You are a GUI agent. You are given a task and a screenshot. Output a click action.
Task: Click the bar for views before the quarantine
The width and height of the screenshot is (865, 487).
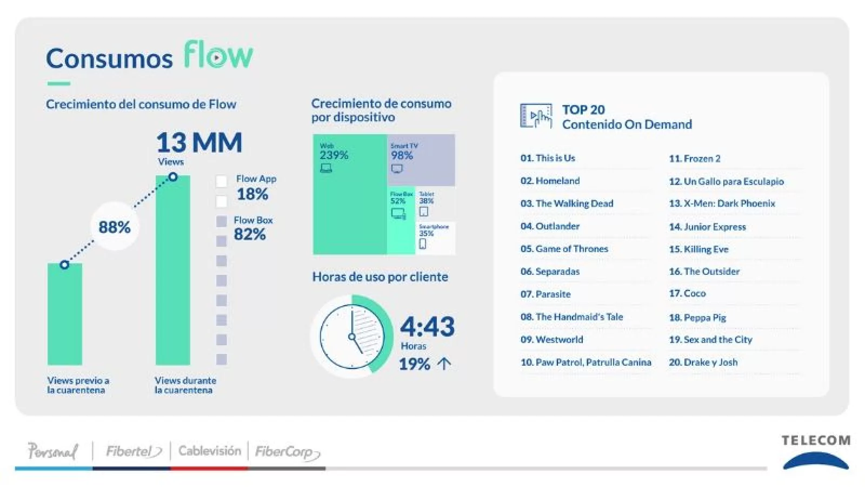65,314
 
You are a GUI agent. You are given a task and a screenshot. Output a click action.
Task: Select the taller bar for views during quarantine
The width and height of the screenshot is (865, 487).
172,271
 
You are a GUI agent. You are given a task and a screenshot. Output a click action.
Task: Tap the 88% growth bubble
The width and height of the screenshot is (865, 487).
115,227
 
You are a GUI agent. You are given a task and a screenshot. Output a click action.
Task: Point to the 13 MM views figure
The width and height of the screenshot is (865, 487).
198,143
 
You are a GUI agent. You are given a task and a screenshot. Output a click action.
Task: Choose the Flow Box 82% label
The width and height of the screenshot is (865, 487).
252,228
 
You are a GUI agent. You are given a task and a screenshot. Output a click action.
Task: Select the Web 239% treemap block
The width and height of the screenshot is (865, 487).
349,195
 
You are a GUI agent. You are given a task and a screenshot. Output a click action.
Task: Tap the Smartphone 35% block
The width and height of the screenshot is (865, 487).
435,238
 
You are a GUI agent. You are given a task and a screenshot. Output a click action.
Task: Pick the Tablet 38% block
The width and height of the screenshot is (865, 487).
435,203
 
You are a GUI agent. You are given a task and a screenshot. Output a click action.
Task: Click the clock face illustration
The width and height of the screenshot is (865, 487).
352,337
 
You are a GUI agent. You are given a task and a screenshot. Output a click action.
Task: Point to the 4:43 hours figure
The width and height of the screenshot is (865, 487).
427,327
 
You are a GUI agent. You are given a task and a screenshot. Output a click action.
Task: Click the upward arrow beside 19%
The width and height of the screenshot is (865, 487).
444,364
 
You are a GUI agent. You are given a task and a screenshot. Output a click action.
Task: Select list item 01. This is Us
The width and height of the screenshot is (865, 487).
548,158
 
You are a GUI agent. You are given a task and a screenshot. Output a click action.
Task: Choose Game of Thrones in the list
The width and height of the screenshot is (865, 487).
564,249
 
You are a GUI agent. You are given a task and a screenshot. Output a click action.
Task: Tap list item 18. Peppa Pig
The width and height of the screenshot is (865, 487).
697,318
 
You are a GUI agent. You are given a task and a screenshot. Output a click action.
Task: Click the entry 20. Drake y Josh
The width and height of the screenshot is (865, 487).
703,363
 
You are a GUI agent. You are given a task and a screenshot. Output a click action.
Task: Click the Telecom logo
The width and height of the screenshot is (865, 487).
816,451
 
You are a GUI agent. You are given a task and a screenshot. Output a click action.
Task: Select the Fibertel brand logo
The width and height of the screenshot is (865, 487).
133,451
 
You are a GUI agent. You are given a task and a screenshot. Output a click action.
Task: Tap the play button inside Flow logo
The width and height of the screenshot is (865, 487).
216,57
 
